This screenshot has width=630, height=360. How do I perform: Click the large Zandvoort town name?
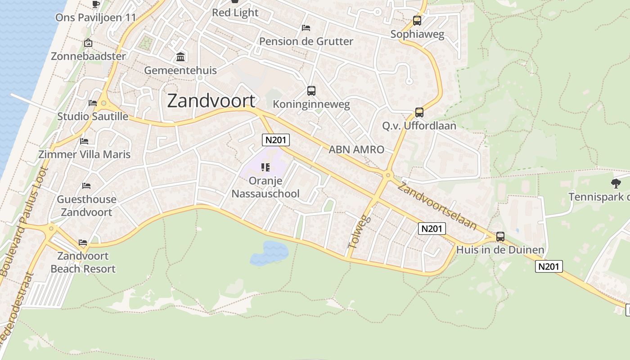(x=211, y=101)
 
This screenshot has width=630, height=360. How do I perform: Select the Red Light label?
(x=235, y=13)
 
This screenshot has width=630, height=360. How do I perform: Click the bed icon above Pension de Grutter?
(x=306, y=28)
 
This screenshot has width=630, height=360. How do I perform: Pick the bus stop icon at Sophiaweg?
(x=417, y=21)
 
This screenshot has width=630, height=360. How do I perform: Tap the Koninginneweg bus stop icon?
(x=311, y=91)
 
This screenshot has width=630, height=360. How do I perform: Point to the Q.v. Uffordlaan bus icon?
(x=419, y=112)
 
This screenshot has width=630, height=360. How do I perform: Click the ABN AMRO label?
(x=356, y=150)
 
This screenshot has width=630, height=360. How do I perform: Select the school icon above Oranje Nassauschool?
(x=265, y=168)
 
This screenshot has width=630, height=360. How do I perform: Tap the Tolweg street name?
(x=359, y=232)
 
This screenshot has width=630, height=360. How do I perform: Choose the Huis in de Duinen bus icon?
(x=500, y=237)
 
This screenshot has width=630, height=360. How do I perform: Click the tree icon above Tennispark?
(x=616, y=183)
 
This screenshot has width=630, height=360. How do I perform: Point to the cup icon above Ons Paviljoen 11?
(x=95, y=4)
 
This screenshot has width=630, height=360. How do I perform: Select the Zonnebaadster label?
(x=88, y=56)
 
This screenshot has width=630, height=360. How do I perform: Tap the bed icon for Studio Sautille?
(x=93, y=103)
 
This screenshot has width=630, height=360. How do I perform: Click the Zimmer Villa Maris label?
(x=85, y=154)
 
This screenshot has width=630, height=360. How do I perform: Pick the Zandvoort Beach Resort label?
(x=83, y=262)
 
